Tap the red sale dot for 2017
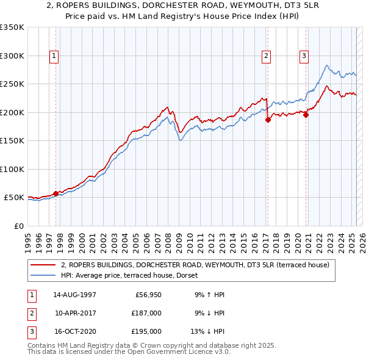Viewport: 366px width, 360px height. (268, 120)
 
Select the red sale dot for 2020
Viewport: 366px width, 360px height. (306, 115)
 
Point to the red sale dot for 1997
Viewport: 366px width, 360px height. (56, 193)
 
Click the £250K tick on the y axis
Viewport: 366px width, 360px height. (12, 84)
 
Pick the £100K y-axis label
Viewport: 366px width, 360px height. (12, 169)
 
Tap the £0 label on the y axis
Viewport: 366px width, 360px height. (18, 226)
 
